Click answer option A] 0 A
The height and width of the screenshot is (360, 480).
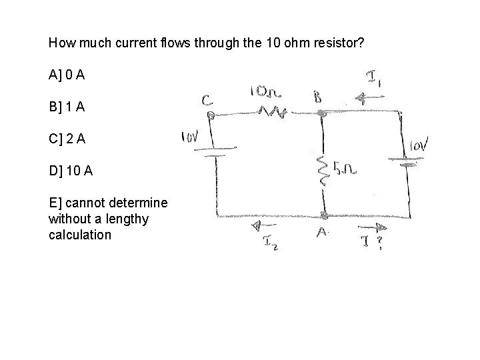(x=67, y=75)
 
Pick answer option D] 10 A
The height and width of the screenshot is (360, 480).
(x=71, y=171)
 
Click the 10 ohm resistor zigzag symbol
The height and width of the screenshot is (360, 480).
(x=274, y=114)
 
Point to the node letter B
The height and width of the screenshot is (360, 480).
(x=318, y=97)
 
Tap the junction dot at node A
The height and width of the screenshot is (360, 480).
(x=324, y=215)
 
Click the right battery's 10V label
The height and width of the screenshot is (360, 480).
(x=419, y=145)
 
